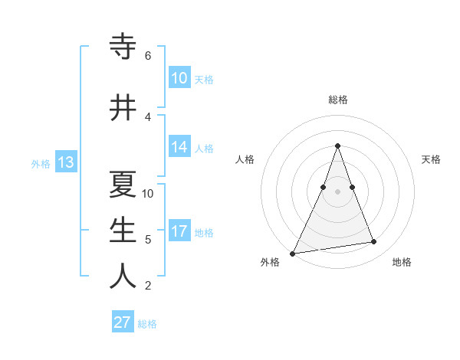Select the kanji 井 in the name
pyautogui.click(x=123, y=106)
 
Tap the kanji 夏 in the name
pyautogui.click(x=123, y=185)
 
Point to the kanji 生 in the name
pyautogui.click(x=123, y=231)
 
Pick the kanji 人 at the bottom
pyautogui.click(x=123, y=277)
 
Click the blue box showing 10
pyautogui.click(x=179, y=77)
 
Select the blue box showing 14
pyautogui.click(x=179, y=147)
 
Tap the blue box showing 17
pyautogui.click(x=179, y=231)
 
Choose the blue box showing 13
pyautogui.click(x=65, y=162)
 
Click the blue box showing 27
pyautogui.click(x=123, y=322)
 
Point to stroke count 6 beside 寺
pyautogui.click(x=148, y=56)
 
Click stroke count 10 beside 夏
pyautogui.click(x=148, y=193)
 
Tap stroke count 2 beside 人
pyautogui.click(x=148, y=286)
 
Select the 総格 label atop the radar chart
pyautogui.click(x=338, y=100)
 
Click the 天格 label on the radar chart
pyautogui.click(x=431, y=159)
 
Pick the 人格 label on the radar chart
pyautogui.click(x=245, y=159)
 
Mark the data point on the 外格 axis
pyautogui.click(x=292, y=254)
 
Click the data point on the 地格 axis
pyautogui.click(x=374, y=242)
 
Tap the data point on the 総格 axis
pyautogui.click(x=337, y=146)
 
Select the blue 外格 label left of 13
pyautogui.click(x=41, y=163)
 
